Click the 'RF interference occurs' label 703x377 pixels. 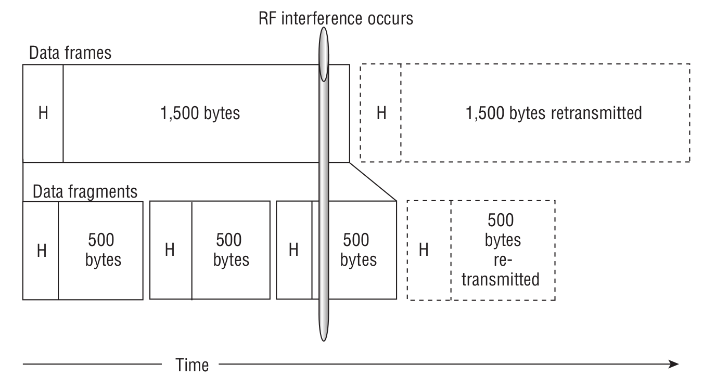tap(336, 19)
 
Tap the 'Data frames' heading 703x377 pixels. tap(70, 53)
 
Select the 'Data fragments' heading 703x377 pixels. tap(85, 191)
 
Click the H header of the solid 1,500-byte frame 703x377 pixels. tap(43, 113)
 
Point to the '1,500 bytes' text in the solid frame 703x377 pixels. tap(201, 113)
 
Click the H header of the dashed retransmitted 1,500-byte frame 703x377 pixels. tap(381, 113)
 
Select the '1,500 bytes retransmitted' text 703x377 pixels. tap(554, 113)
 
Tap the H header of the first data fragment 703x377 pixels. tap(41, 250)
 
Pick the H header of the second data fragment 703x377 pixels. tap(170, 250)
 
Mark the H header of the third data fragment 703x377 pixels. tap(293, 250)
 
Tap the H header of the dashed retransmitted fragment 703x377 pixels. tap(424, 250)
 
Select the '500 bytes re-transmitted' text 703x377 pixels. tap(501, 250)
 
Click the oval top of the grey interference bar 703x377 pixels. tap(324, 55)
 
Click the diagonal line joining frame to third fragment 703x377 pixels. tap(373, 182)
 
